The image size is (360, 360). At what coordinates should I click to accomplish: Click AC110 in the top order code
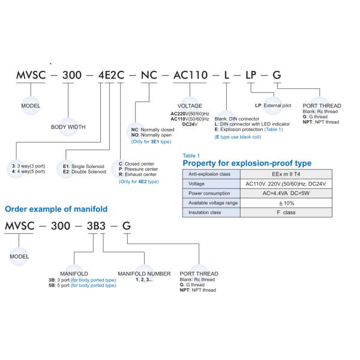190,76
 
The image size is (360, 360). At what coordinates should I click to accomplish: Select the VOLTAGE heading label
190,106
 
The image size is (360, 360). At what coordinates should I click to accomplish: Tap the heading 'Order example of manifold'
56,209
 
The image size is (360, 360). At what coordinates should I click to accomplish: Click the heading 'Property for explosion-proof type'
247,163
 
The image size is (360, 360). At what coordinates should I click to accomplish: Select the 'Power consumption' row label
209,194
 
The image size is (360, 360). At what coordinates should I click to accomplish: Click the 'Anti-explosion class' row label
210,174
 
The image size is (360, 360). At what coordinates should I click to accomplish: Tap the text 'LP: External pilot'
273,105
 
